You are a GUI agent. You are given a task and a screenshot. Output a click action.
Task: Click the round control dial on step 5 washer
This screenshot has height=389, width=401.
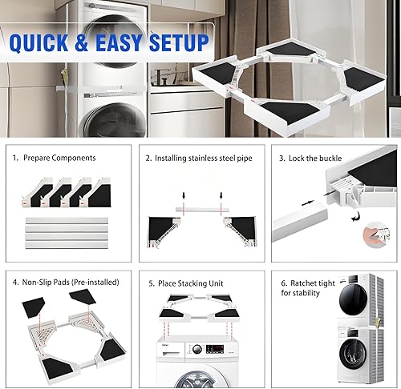click(x=195, y=351)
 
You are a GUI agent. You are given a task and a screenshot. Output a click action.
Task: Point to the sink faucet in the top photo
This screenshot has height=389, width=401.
click(x=161, y=76)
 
